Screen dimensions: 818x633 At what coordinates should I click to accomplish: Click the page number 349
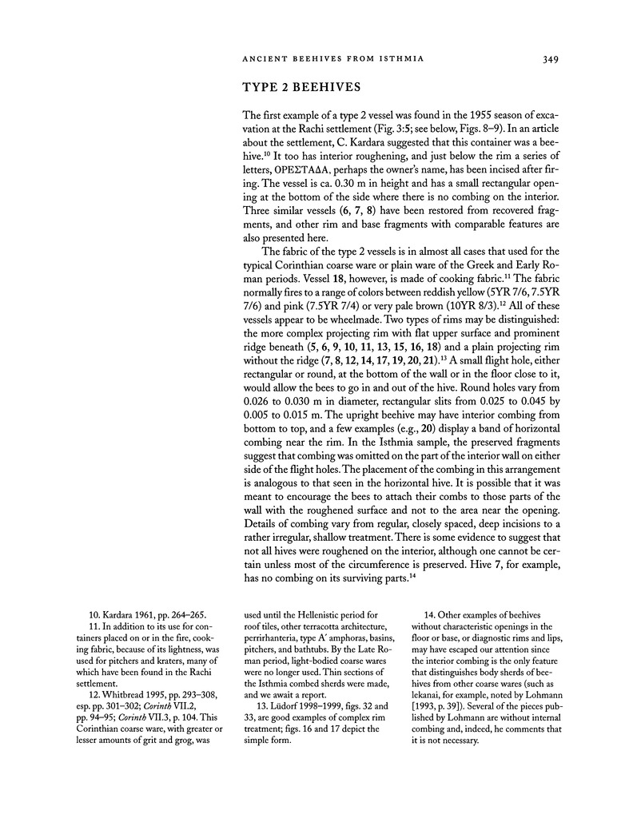548,58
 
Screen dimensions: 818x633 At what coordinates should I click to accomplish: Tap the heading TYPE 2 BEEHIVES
298,87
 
